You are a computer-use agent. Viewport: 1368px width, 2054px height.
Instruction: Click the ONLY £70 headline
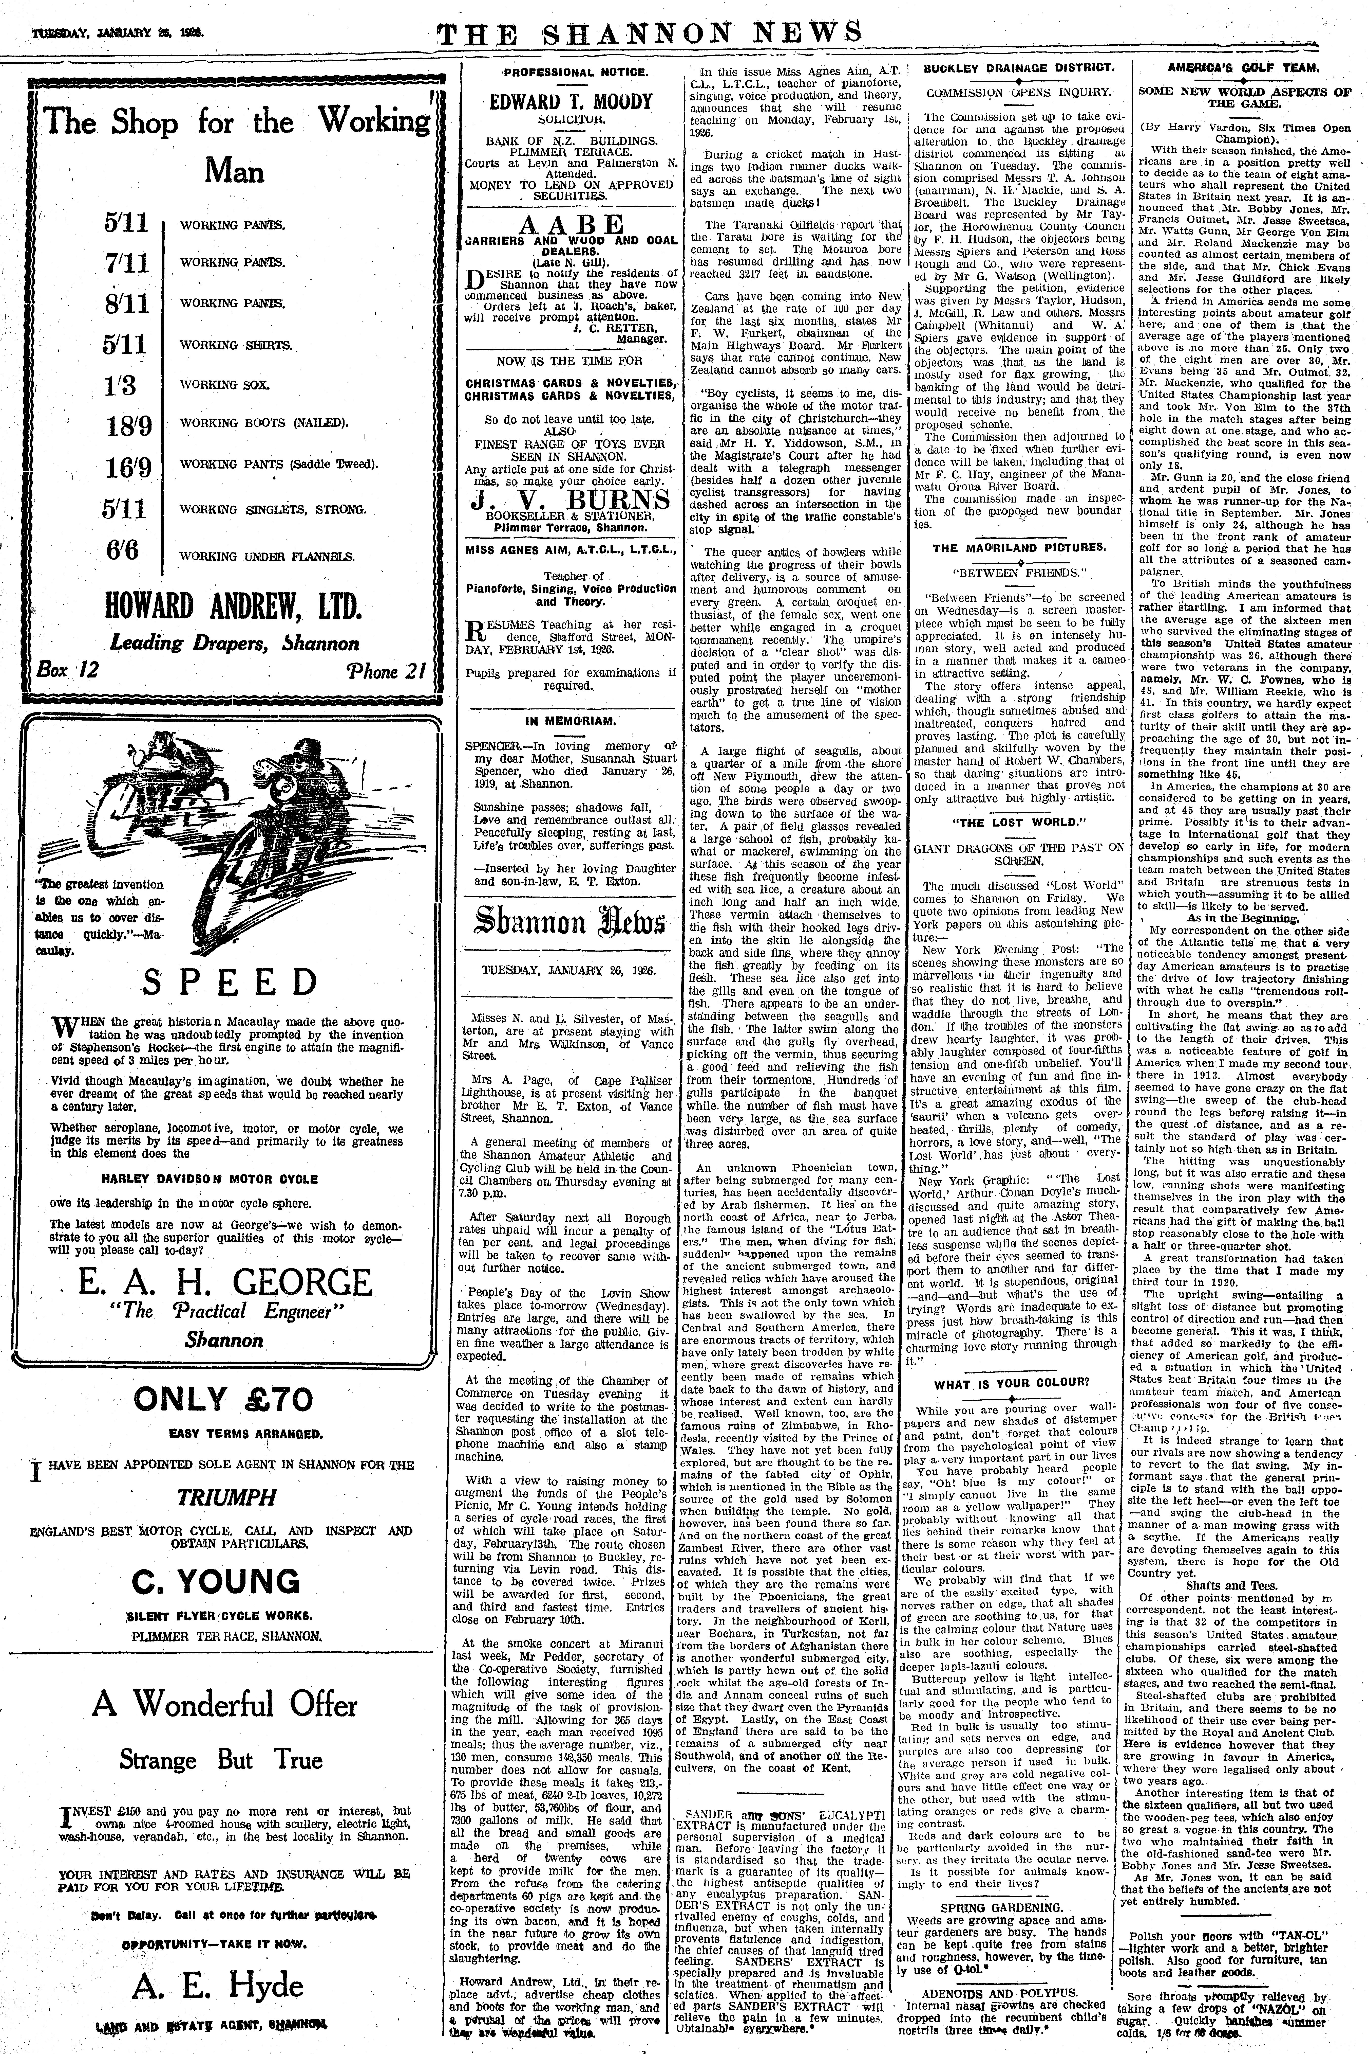pos(222,1399)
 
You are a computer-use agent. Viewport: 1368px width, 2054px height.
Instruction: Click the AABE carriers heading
pos(571,223)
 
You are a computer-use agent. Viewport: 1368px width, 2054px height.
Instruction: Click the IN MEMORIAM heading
pos(571,721)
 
